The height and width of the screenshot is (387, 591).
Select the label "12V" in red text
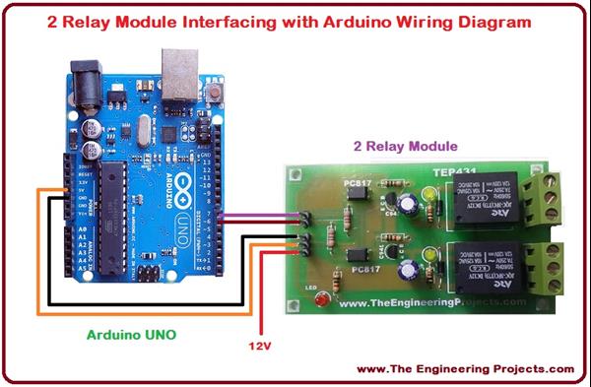point(260,346)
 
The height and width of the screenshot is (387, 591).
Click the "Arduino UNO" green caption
point(130,335)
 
